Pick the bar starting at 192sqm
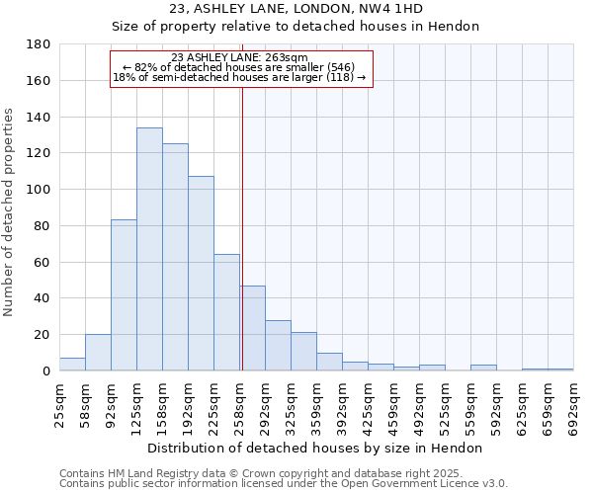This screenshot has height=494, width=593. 201,273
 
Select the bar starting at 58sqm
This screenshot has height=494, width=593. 98,353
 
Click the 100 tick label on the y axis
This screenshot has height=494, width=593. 40,190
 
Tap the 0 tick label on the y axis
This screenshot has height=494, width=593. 46,371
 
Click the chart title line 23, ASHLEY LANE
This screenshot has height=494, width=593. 296,9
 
